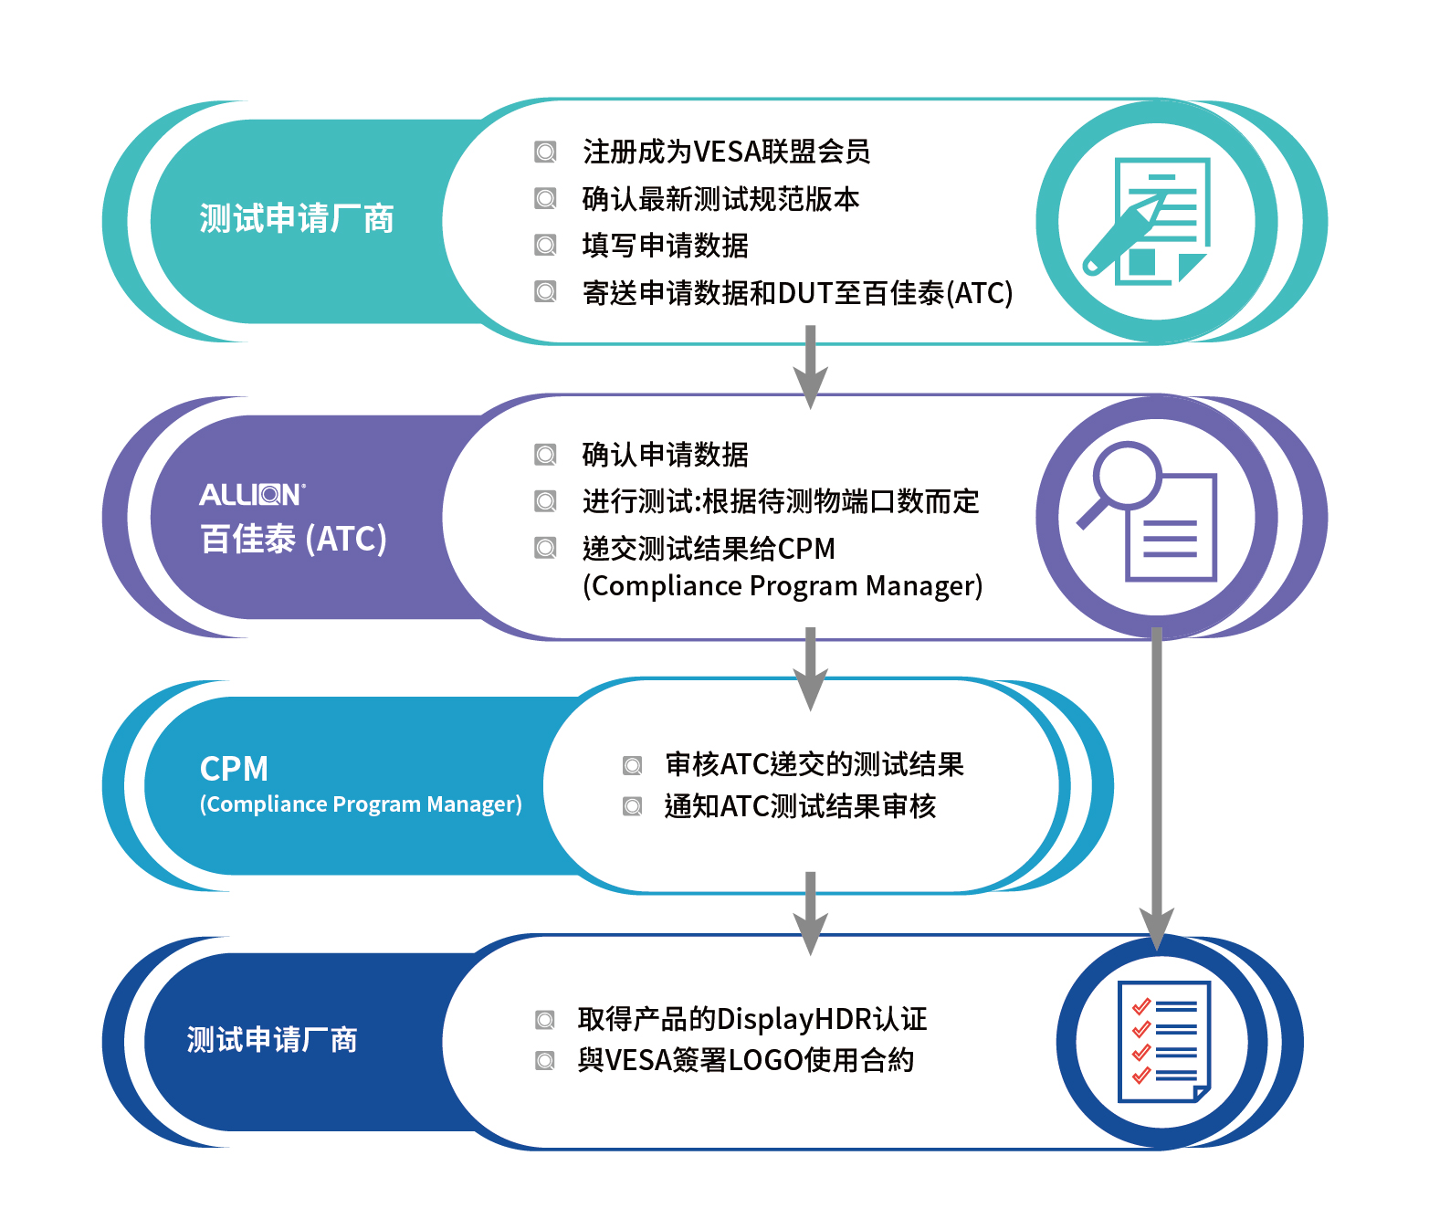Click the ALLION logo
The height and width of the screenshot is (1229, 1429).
(x=252, y=495)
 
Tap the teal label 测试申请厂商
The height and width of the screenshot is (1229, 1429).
(x=297, y=219)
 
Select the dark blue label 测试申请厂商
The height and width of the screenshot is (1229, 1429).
(x=272, y=1040)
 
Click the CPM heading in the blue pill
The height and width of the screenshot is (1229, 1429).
(x=234, y=769)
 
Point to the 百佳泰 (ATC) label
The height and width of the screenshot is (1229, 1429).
(x=293, y=539)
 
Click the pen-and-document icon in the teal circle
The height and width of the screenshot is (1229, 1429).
(x=1146, y=221)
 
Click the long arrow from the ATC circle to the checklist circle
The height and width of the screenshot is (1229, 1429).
(x=1157, y=788)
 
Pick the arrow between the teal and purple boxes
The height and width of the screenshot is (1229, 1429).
(x=810, y=367)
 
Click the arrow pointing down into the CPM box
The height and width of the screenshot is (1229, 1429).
(x=810, y=669)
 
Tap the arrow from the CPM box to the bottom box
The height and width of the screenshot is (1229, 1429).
(x=810, y=914)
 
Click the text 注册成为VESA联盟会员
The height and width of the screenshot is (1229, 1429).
(x=726, y=152)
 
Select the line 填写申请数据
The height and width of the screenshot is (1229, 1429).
(x=665, y=246)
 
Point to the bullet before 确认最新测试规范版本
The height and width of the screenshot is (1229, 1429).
(x=545, y=199)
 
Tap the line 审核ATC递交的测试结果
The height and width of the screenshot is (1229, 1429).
(x=814, y=764)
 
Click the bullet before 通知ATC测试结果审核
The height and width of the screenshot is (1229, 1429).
(x=633, y=806)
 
